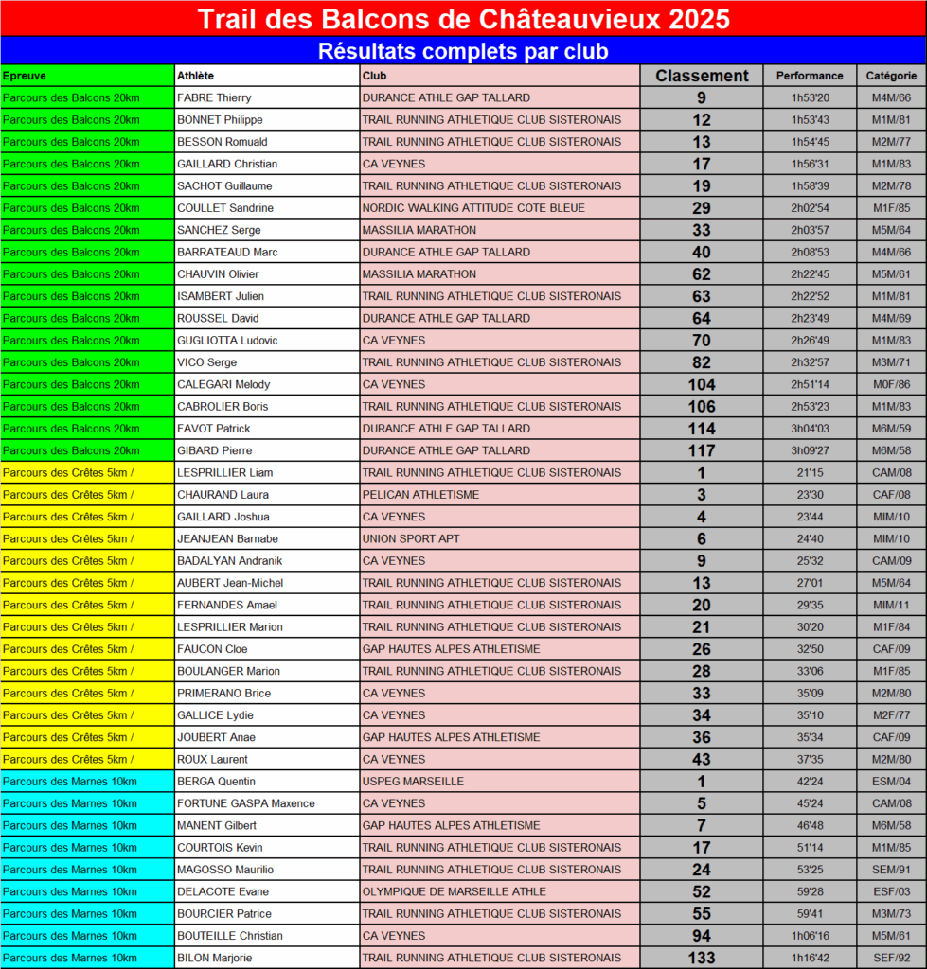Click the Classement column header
(702, 76)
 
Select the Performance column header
(810, 76)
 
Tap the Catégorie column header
(891, 76)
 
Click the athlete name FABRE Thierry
(214, 97)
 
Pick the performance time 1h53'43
(810, 120)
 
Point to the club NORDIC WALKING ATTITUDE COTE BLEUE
(473, 208)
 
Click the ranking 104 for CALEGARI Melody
(702, 384)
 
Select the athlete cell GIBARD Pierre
(214, 450)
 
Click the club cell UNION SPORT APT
(411, 538)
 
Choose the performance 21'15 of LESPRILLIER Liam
(810, 472)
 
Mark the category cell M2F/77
(891, 715)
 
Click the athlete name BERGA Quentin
(216, 782)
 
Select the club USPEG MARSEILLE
(413, 782)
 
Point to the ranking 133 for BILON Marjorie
(702, 958)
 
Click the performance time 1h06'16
(810, 936)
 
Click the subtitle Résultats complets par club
(463, 50)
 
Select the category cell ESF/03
(891, 891)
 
